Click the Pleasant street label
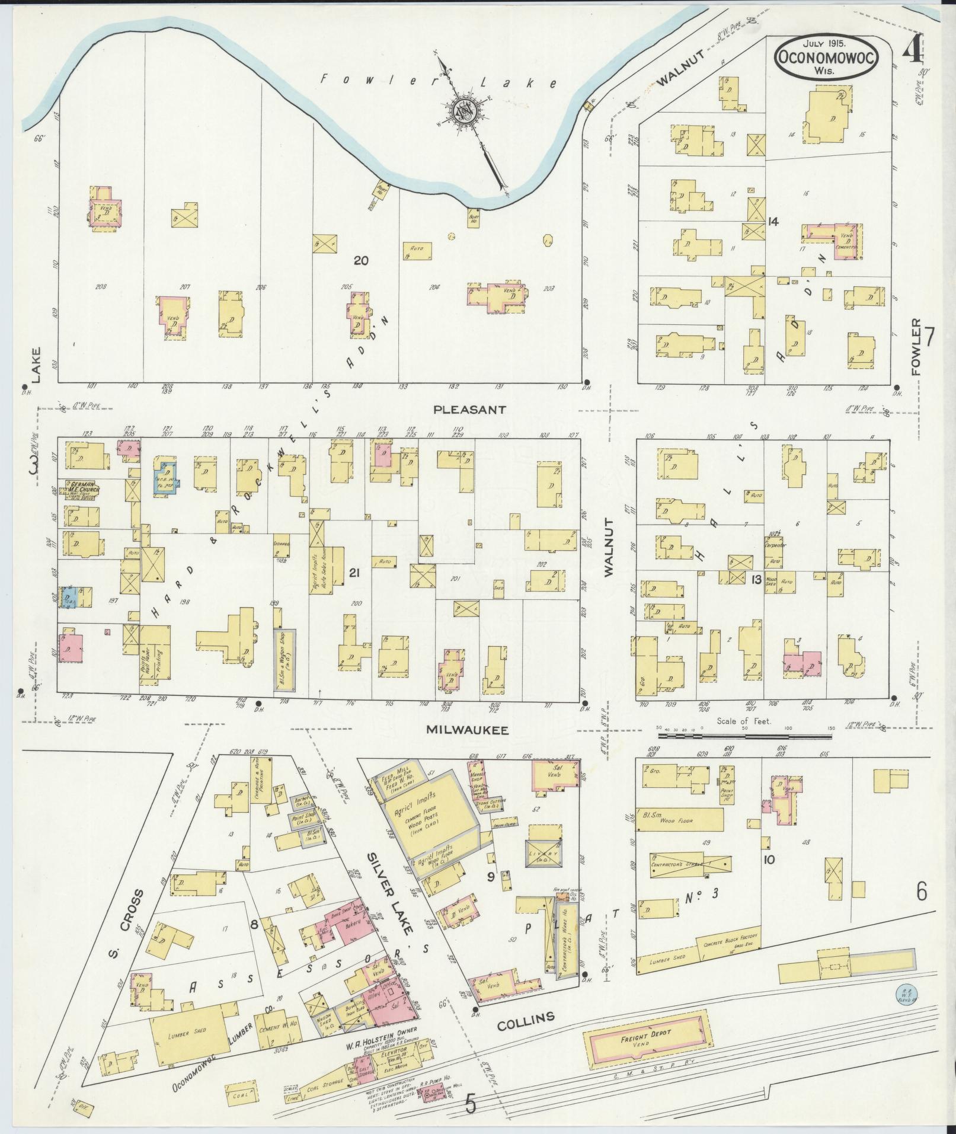(469, 409)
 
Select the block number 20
(360, 261)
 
